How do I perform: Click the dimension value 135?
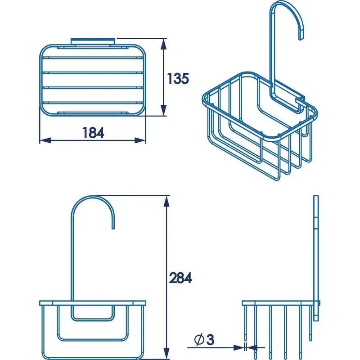click(178, 78)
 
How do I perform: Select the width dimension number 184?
click(93, 133)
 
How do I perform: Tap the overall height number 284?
click(180, 278)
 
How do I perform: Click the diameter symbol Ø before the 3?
click(199, 340)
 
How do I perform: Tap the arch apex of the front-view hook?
click(93, 198)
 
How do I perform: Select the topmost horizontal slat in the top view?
click(93, 58)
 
